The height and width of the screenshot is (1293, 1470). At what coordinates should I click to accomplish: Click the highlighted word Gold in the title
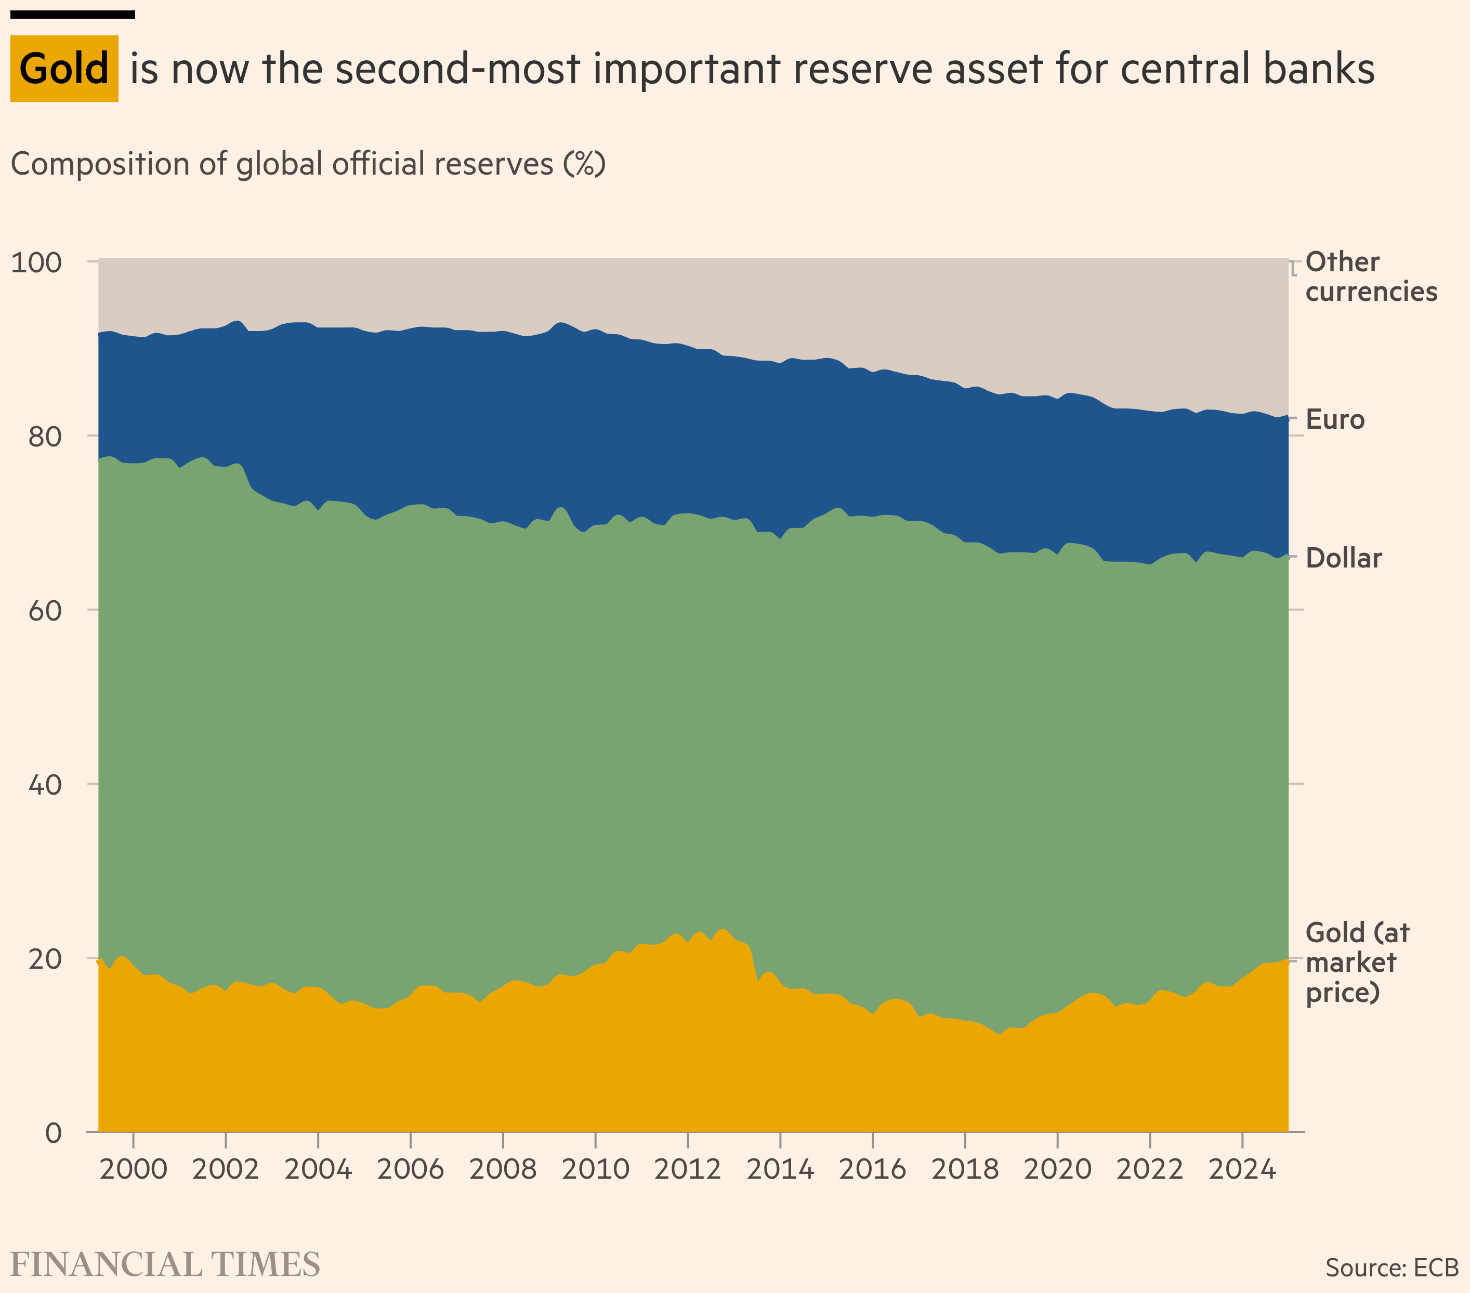pos(64,69)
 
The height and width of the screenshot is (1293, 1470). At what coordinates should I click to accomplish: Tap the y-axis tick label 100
pos(36,262)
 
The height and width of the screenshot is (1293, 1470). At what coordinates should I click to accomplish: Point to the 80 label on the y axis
pos(45,436)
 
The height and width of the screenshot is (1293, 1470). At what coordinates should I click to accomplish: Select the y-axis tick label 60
pos(45,611)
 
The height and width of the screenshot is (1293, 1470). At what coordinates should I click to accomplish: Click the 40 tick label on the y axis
pos(45,785)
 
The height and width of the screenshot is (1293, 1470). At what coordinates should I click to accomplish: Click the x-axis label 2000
pos(133,1169)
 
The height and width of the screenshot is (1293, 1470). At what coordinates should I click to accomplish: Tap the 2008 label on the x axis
pos(503,1169)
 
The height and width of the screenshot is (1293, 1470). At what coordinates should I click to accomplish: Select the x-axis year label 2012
pos(688,1169)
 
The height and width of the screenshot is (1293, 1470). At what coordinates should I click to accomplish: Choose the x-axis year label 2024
pos(1242,1169)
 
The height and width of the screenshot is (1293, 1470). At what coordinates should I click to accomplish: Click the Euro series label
pos(1335,419)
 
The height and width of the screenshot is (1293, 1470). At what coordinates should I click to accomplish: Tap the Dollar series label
pos(1343,558)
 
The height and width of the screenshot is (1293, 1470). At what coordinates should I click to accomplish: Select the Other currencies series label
pos(1370,277)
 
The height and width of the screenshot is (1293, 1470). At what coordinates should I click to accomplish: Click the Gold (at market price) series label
pos(1356,962)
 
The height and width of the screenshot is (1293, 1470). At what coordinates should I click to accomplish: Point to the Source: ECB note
pos(1392,1267)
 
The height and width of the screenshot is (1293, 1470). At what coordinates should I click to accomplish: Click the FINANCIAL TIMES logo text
pos(165,1265)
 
